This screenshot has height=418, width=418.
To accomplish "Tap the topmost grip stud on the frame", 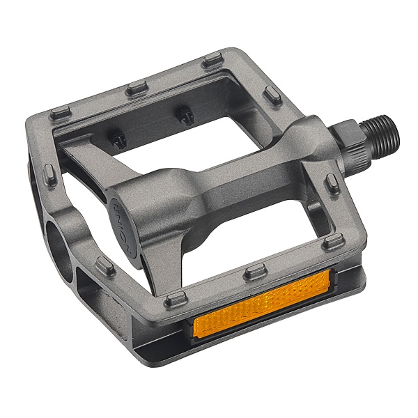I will coord(212,61).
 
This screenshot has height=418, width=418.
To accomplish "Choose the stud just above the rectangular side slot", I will coord(105,265).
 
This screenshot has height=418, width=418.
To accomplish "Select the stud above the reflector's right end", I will coord(333,242).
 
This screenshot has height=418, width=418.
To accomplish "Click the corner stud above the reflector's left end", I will coord(176,300).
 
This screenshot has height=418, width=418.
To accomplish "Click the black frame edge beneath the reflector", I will coord(279,327).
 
